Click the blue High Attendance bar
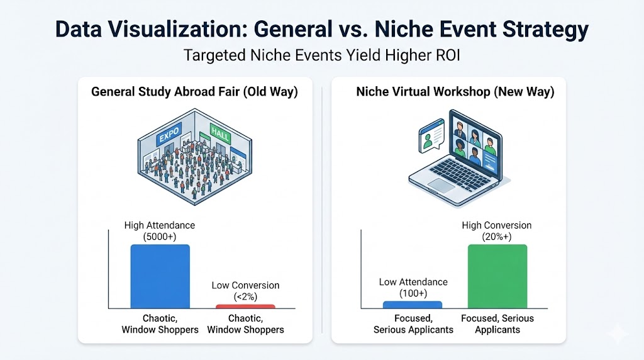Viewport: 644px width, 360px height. [x=160, y=276]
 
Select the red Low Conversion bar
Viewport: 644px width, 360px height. [x=245, y=307]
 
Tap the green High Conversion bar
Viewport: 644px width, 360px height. [x=497, y=276]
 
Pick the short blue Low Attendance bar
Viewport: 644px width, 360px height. [x=413, y=305]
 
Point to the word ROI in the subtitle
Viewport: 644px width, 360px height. [x=446, y=55]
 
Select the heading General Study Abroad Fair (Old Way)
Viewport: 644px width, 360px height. [x=194, y=92]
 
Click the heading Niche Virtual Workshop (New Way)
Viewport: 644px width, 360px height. [x=455, y=92]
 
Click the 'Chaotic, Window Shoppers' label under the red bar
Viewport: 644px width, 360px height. [x=245, y=324]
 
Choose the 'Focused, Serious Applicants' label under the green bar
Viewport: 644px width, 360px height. [x=497, y=324]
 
